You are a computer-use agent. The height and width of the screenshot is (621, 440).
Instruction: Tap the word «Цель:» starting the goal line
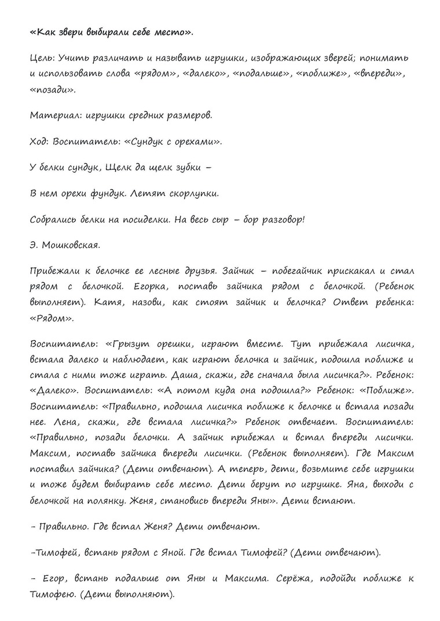pos(41,58)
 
